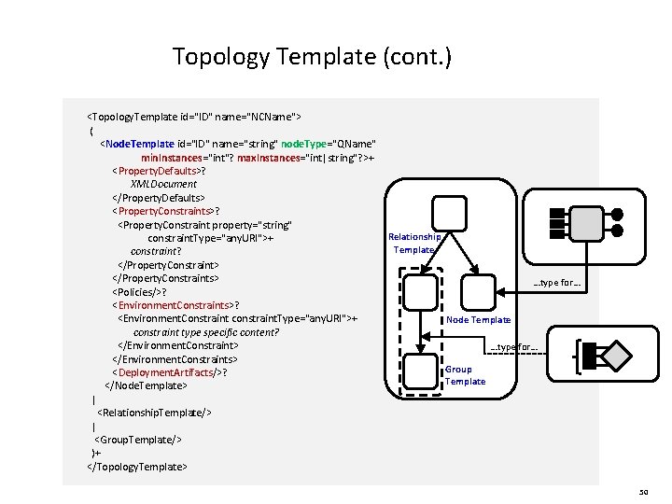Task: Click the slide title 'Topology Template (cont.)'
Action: (x=312, y=58)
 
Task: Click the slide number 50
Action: (x=643, y=491)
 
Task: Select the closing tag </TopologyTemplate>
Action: (x=136, y=466)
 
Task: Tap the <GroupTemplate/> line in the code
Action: (x=138, y=439)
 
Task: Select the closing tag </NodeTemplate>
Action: (x=147, y=385)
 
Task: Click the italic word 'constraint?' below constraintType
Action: (x=156, y=251)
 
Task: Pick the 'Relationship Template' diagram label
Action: (x=414, y=244)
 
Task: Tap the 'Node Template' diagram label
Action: (x=479, y=320)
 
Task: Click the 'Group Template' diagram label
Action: (x=465, y=375)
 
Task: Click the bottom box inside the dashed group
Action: (x=425, y=370)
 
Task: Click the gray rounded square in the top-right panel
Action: (x=585, y=221)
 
